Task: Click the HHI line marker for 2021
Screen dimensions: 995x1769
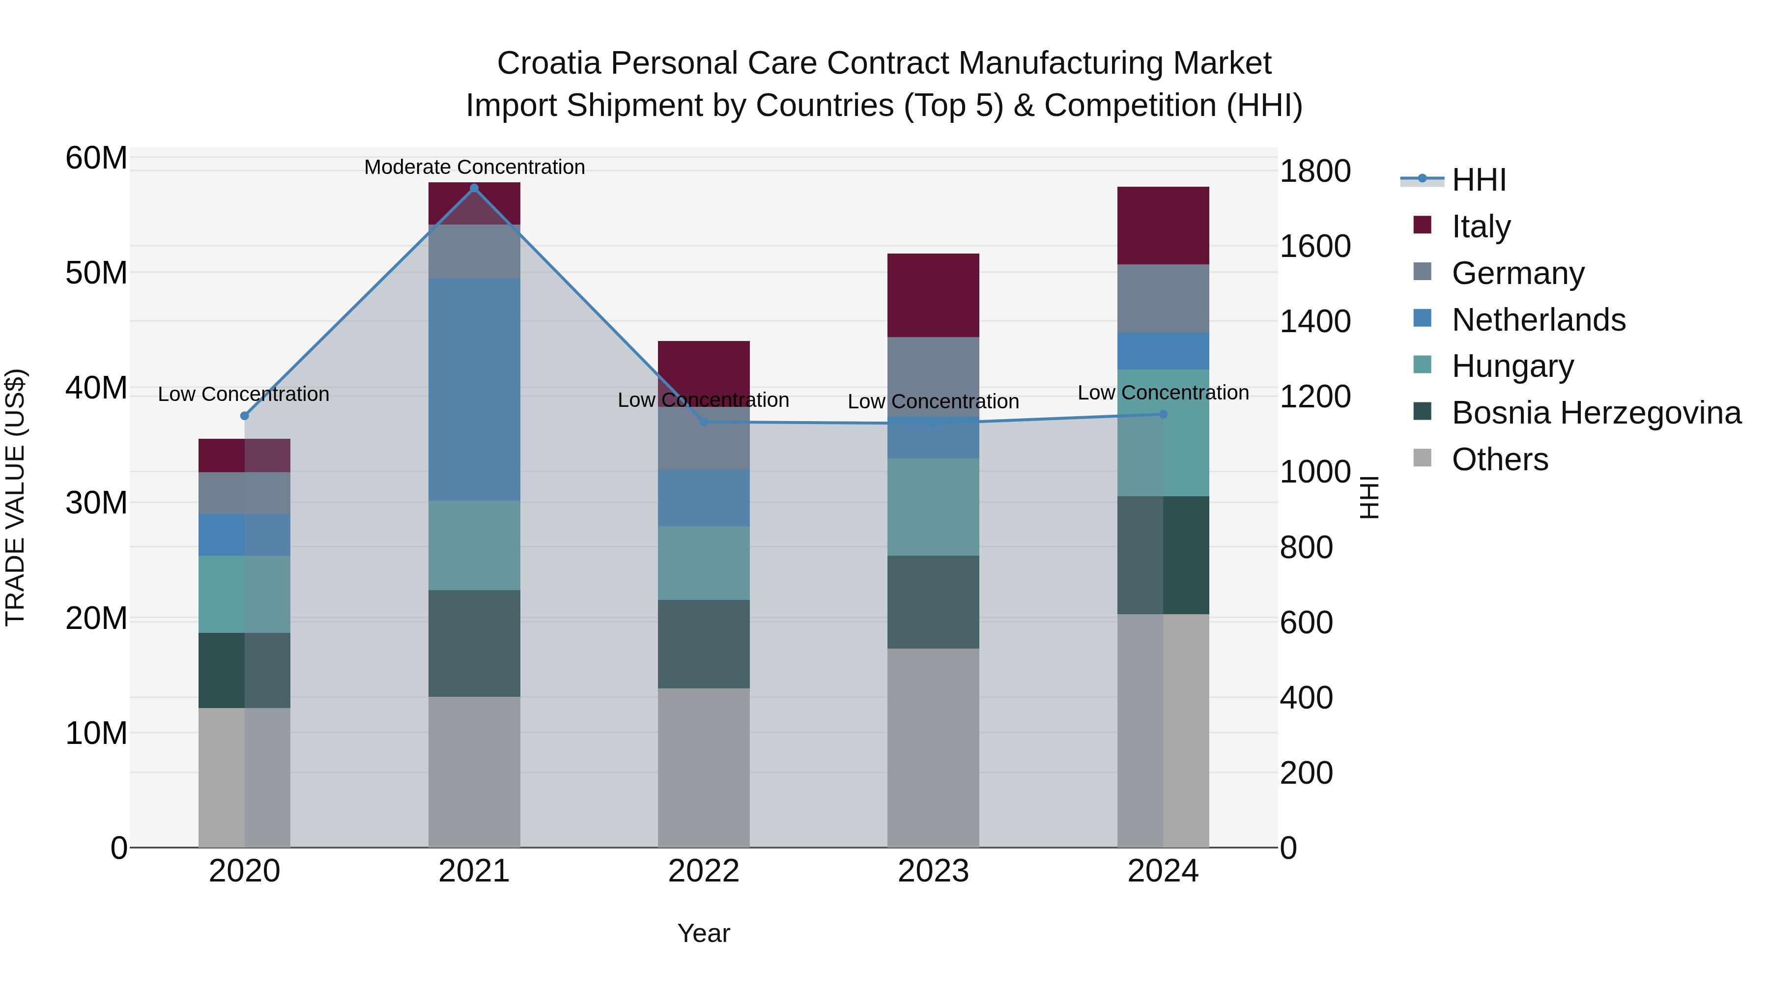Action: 474,188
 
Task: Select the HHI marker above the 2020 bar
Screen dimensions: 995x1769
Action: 245,415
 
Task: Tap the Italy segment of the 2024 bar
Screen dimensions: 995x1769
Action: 1163,225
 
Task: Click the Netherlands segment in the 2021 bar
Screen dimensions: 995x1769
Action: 474,389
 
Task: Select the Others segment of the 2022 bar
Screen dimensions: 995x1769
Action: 703,767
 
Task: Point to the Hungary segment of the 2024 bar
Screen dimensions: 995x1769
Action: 1163,432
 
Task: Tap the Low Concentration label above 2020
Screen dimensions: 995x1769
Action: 243,394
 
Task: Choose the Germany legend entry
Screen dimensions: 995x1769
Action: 1518,273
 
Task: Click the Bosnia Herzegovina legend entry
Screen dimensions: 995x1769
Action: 1596,413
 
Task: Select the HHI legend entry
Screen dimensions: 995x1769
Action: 1479,180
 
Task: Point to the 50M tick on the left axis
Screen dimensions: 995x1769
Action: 96,273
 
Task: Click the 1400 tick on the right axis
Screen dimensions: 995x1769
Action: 1314,321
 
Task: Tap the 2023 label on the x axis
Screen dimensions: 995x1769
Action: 933,871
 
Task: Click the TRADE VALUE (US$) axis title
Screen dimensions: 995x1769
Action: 15,497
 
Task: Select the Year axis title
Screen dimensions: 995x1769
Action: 703,933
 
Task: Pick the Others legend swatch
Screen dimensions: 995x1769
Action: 1422,458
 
